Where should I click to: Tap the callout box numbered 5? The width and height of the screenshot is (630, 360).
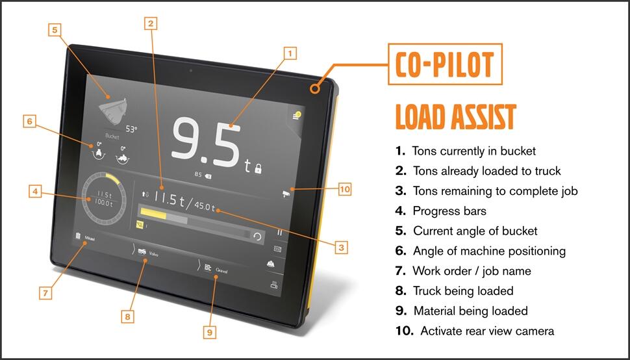tap(55, 30)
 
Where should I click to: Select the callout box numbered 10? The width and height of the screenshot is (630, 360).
tap(345, 189)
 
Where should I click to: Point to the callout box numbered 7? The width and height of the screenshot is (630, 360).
tap(45, 293)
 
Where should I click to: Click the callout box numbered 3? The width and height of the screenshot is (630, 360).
tap(341, 247)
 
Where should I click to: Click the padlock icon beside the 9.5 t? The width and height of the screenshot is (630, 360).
tap(258, 169)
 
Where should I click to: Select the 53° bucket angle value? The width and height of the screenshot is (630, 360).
tap(131, 129)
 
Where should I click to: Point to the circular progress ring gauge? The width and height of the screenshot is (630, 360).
tap(103, 198)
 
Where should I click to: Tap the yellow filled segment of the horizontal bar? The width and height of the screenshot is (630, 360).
tap(155, 213)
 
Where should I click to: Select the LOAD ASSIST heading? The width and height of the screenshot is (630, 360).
tap(455, 117)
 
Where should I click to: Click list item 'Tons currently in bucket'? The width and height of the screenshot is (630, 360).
tap(473, 151)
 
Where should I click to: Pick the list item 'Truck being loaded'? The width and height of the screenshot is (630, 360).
tap(462, 290)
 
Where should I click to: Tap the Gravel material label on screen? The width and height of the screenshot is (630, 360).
tap(221, 268)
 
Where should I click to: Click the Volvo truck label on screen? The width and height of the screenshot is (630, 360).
tap(153, 254)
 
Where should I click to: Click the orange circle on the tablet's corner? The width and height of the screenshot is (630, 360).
tap(316, 88)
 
